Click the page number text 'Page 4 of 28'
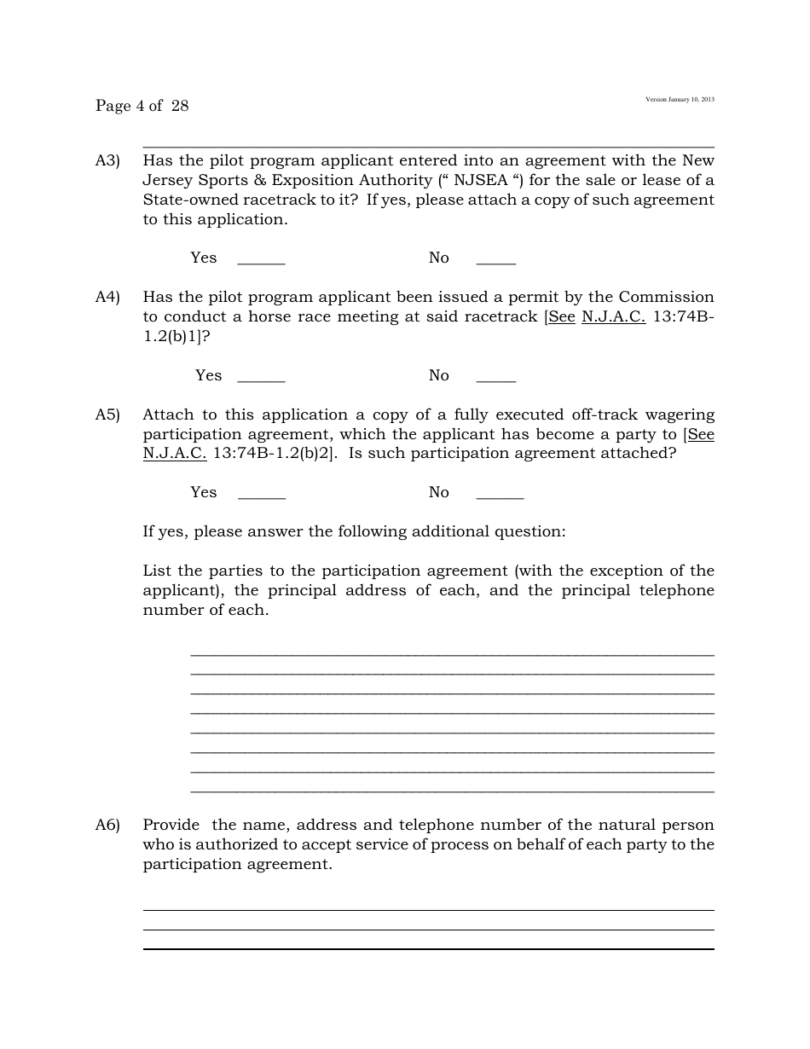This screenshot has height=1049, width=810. click(142, 106)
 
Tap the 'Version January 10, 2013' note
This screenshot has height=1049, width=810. click(680, 100)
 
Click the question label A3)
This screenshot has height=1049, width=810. click(107, 160)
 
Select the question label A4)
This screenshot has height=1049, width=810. click(107, 297)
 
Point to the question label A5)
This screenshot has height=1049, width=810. click(107, 414)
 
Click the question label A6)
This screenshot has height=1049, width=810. click(107, 825)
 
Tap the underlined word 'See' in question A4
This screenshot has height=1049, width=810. click(561, 316)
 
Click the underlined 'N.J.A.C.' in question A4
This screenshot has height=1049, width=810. click(613, 316)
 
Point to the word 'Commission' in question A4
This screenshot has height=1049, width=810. click(666, 297)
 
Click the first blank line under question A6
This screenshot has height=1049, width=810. click(428, 909)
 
